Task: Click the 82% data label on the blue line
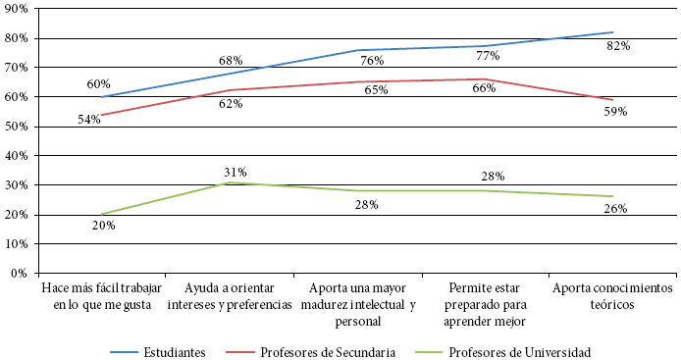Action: pos(617,46)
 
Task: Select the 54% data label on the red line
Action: pos(89,120)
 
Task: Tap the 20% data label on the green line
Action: pos(104,226)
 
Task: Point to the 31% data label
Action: pos(235,173)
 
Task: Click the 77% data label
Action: pos(489,56)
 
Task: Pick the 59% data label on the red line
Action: pos(615,112)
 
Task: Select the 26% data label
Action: pos(616,208)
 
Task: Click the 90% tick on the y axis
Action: pos(19,9)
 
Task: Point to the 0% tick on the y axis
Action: pos(23,274)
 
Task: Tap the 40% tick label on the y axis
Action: pos(19,156)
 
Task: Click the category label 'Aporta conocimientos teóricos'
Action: pos(613,296)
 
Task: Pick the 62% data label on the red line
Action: pos(231,103)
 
